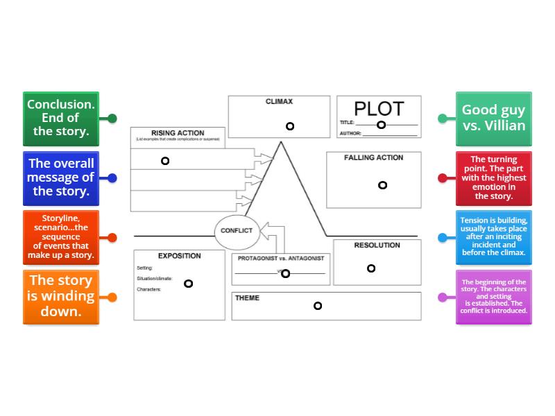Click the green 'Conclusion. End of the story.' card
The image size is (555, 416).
pyautogui.click(x=61, y=118)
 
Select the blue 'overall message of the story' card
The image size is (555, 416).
pyautogui.click(x=61, y=177)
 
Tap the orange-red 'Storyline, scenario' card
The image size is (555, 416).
pyautogui.click(x=61, y=237)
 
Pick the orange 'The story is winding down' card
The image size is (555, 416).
pyautogui.click(x=61, y=297)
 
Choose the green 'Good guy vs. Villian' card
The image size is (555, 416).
pyautogui.click(x=493, y=118)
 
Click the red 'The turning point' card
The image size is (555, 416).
pyautogui.click(x=493, y=177)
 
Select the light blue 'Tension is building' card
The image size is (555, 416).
pyautogui.click(x=493, y=237)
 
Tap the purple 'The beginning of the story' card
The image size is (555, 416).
pyautogui.click(x=493, y=297)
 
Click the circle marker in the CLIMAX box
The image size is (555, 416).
pyautogui.click(x=290, y=126)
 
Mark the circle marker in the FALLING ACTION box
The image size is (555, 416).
pyautogui.click(x=382, y=185)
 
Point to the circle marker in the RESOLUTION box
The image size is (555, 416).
pyautogui.click(x=371, y=268)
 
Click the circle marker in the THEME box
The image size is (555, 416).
pyautogui.click(x=318, y=306)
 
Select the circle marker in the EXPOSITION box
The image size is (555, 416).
pyautogui.click(x=188, y=284)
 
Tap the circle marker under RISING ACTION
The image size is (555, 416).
pyautogui.click(x=165, y=161)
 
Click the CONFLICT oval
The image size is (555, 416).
pyautogui.click(x=237, y=231)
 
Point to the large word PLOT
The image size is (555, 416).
pyautogui.click(x=378, y=109)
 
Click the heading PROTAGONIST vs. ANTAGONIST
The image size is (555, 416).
pyautogui.click(x=281, y=259)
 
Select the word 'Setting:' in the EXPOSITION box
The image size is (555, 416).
pyautogui.click(x=145, y=268)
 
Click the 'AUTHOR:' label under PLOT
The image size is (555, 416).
pyautogui.click(x=350, y=132)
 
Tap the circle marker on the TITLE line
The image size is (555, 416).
pyautogui.click(x=381, y=125)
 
